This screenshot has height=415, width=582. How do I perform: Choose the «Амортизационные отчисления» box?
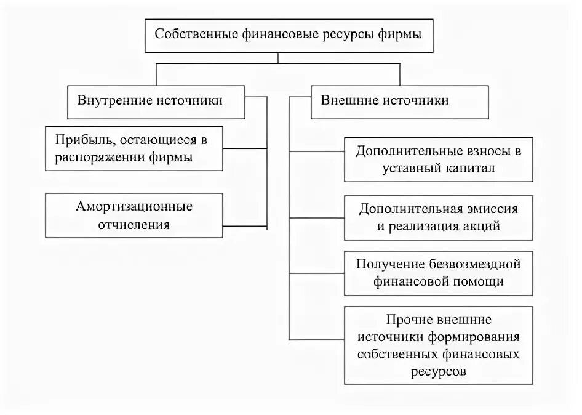tap(135, 216)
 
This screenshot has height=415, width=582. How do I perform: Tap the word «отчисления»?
tap(135, 225)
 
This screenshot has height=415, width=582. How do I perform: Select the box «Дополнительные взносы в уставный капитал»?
tap(437, 159)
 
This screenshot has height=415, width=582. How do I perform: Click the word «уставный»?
tap(414, 167)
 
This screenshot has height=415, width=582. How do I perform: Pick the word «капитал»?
tap(473, 167)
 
